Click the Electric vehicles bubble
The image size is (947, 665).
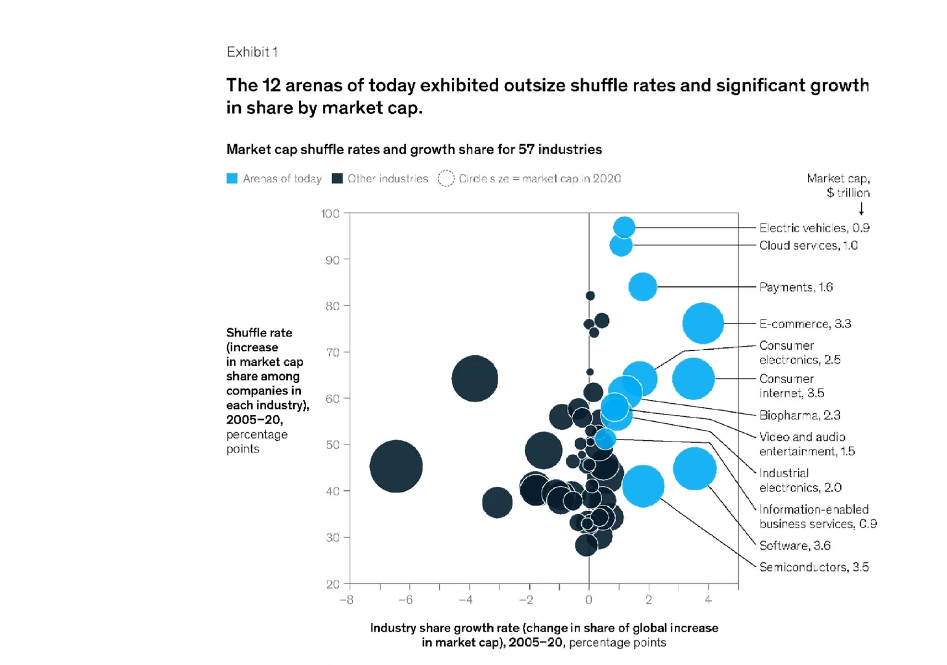click(x=624, y=227)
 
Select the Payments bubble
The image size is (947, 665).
click(x=643, y=287)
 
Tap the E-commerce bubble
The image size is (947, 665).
click(x=703, y=323)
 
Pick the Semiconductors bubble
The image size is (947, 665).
click(x=643, y=486)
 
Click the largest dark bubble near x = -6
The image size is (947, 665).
click(x=396, y=466)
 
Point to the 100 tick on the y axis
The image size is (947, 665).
click(x=347, y=212)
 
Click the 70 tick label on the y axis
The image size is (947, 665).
click(x=332, y=352)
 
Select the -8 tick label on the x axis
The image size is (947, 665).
click(x=346, y=600)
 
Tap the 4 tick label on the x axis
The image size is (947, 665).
click(x=708, y=600)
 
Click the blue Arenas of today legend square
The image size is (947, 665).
click(x=232, y=179)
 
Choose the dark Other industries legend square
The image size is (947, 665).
click(x=337, y=179)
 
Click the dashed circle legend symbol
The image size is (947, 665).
click(x=446, y=179)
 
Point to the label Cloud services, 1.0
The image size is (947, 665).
click(x=808, y=246)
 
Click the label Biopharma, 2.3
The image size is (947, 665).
click(x=800, y=415)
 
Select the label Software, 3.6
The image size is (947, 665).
click(x=795, y=546)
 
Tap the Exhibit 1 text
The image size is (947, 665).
click(x=252, y=52)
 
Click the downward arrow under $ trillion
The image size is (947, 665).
click(x=861, y=208)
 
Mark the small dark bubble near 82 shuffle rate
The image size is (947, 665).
click(x=590, y=296)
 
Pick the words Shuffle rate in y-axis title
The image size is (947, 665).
click(x=259, y=332)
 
